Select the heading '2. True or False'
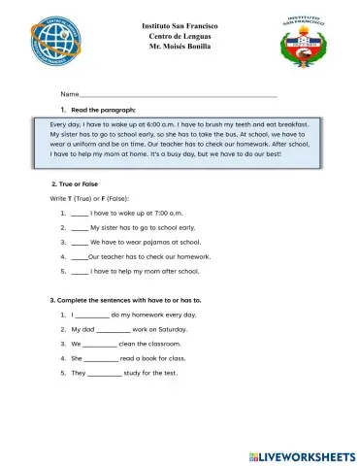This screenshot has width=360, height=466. tap(81, 183)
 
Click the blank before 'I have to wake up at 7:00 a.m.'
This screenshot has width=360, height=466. tap(79, 211)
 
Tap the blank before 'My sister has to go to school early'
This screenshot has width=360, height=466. tap(79, 226)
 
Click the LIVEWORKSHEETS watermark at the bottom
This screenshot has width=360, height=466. tap(296, 453)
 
